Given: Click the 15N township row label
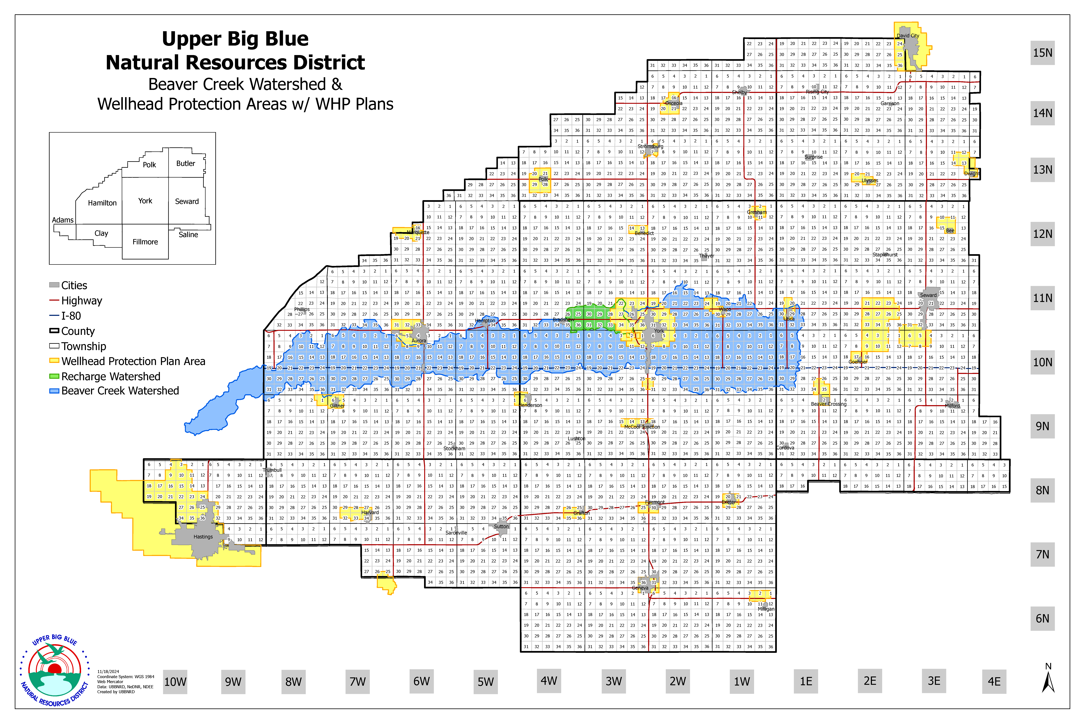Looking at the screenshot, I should click(x=1043, y=53).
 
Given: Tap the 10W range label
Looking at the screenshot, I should click(x=175, y=682).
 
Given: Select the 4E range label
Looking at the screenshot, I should click(x=994, y=682).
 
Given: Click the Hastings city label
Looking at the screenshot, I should click(x=203, y=537).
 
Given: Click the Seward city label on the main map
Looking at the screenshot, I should click(x=928, y=295).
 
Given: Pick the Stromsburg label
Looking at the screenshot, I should click(x=650, y=146).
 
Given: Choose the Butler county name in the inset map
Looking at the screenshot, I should click(x=186, y=164).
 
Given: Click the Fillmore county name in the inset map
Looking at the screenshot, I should click(x=145, y=242).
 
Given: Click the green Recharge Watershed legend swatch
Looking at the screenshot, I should click(x=54, y=376).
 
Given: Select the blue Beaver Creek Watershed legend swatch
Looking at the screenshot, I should click(x=54, y=391).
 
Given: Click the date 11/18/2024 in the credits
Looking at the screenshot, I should click(x=108, y=672).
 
